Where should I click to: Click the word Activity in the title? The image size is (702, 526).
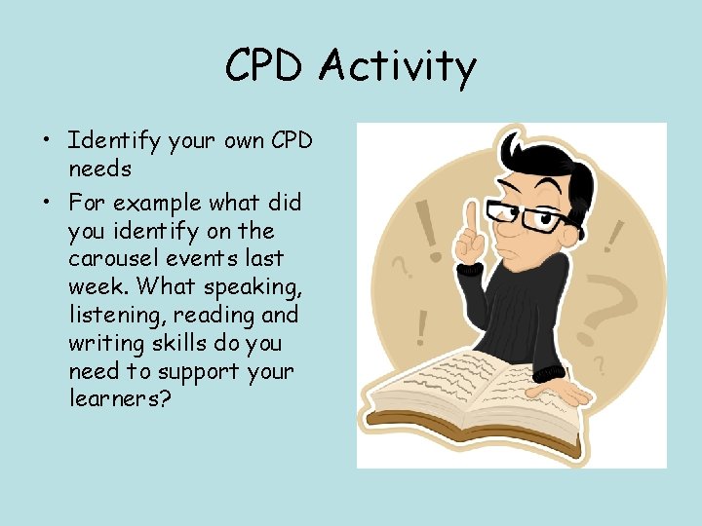point(398,67)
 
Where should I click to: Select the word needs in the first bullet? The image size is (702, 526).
point(99,169)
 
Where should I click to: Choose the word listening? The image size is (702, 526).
point(113,316)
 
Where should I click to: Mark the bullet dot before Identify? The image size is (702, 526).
point(47,141)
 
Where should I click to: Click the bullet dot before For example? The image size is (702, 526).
point(47,204)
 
